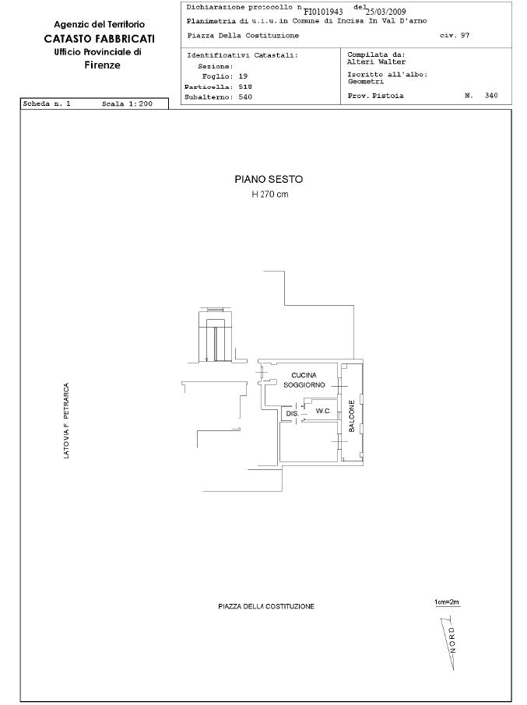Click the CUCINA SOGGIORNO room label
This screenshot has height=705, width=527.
point(304,380)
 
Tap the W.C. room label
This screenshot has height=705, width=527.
point(323,411)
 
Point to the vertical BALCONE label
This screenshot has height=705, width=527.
point(352,416)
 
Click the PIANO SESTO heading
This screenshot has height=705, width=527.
point(269,180)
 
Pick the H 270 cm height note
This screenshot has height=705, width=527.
point(270,195)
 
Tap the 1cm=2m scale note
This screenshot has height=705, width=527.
point(447,602)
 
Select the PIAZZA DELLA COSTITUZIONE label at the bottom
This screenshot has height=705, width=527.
point(266,606)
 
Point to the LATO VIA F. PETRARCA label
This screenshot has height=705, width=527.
point(66,421)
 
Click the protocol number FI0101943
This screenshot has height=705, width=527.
point(323,12)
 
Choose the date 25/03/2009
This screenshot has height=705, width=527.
point(385,12)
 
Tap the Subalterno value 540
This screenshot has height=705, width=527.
point(245,96)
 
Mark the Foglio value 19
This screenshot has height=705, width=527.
point(243,76)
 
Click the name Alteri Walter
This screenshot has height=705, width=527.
point(376,61)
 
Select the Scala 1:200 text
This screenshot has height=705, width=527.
point(127,103)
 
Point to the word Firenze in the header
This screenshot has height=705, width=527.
point(103,65)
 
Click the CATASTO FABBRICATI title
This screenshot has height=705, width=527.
point(100,39)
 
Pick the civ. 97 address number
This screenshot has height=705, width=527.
point(454,35)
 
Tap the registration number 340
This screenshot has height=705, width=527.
point(491,95)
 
